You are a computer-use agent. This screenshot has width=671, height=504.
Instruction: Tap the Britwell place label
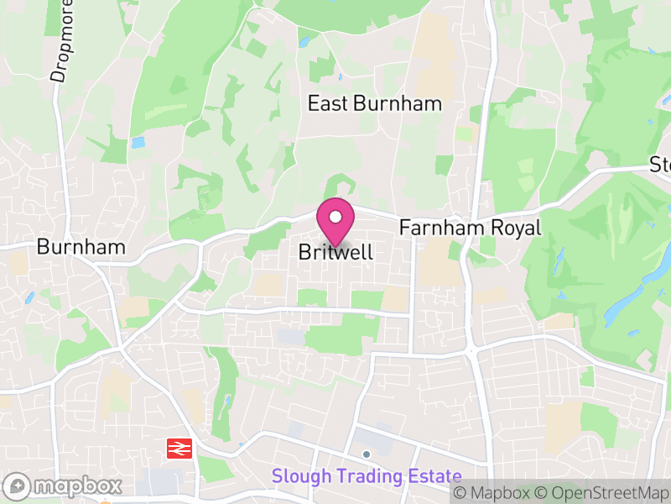tap(335, 252)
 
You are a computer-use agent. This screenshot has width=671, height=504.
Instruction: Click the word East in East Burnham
tap(327, 104)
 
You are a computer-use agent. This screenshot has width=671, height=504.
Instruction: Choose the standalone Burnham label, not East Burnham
tap(81, 247)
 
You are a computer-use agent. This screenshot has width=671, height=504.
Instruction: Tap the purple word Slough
tap(302, 476)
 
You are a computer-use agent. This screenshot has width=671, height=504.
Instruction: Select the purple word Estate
tap(434, 476)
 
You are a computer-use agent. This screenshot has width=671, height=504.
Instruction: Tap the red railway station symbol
tap(178, 449)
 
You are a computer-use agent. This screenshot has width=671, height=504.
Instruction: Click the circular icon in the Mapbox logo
tap(18, 486)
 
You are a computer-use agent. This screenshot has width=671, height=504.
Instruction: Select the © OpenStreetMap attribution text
tap(601, 493)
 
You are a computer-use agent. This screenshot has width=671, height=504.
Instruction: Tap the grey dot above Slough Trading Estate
tap(367, 454)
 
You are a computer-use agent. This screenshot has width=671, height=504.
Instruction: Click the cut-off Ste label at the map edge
tap(660, 164)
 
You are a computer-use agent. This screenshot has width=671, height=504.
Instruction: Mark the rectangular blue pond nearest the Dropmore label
tap(138, 142)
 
